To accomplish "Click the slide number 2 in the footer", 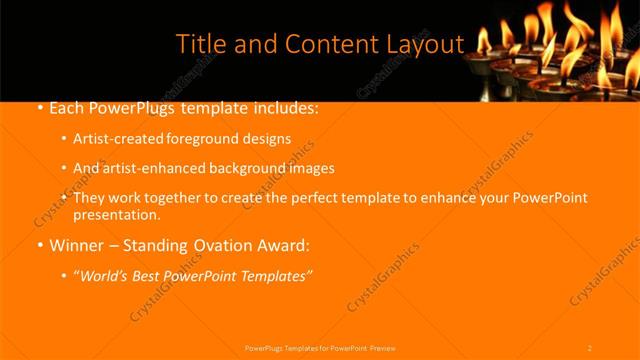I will pyautogui.click(x=590, y=348).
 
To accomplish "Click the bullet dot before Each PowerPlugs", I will pyautogui.click(x=39, y=107).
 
